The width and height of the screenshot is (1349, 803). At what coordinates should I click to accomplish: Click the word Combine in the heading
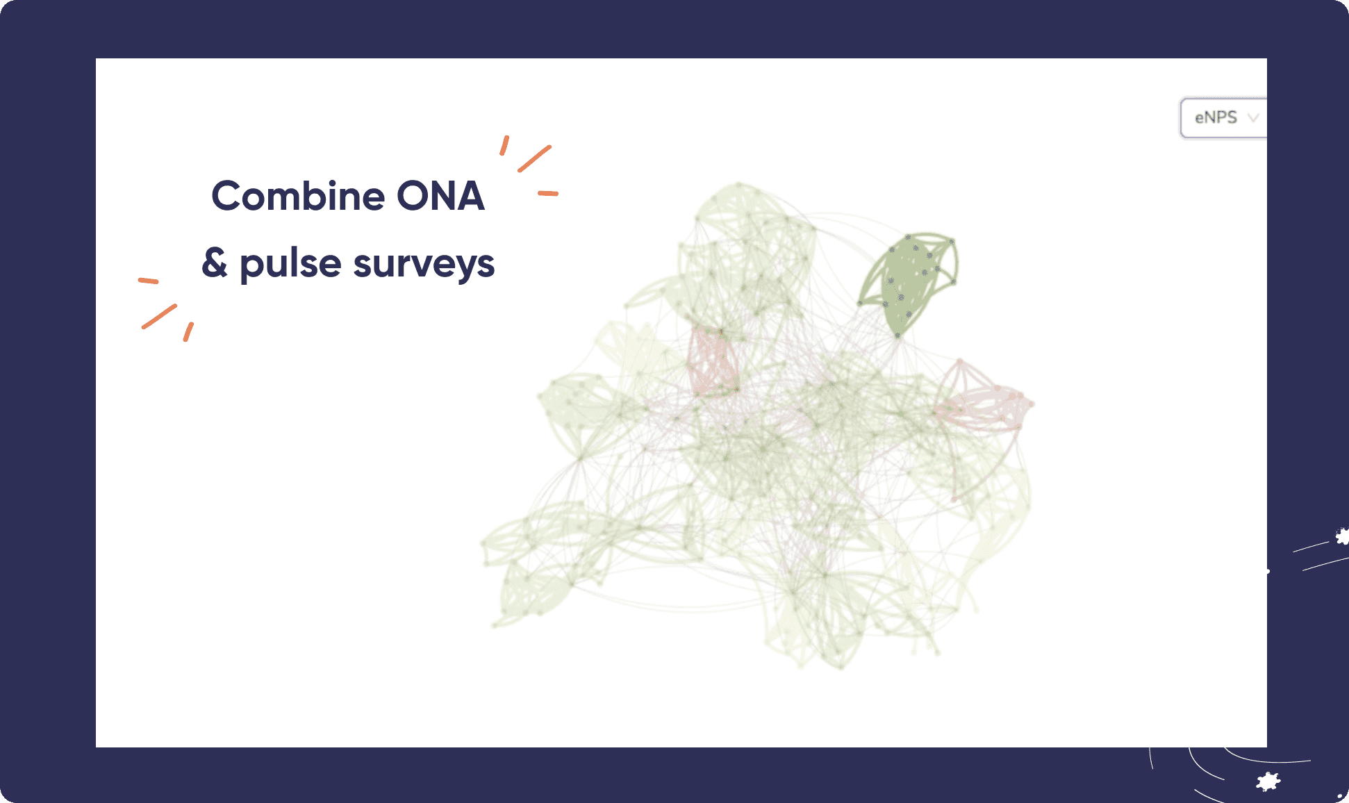pos(297,196)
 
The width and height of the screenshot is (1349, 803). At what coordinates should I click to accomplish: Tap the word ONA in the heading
pos(440,196)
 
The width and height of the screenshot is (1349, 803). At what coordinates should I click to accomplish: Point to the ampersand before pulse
pos(215,263)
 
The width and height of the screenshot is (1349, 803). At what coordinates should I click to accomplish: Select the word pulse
pos(290,265)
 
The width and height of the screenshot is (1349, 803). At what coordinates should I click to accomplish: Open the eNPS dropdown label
pos(1216,117)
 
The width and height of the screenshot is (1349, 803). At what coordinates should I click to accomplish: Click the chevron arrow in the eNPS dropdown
pos(1253,117)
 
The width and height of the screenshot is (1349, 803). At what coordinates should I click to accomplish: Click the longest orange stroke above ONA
pos(534,158)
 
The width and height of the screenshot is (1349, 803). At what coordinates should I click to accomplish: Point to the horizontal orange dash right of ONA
pos(548,193)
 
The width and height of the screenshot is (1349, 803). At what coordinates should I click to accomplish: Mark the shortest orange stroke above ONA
pos(504,145)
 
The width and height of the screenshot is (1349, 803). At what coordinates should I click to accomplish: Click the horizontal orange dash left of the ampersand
pos(148,281)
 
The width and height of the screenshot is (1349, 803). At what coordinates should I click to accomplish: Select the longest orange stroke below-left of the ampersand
pos(159,316)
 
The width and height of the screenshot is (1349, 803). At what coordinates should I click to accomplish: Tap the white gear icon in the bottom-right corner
pos(1268,781)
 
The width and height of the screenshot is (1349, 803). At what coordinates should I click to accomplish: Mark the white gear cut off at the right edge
pos(1342,536)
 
